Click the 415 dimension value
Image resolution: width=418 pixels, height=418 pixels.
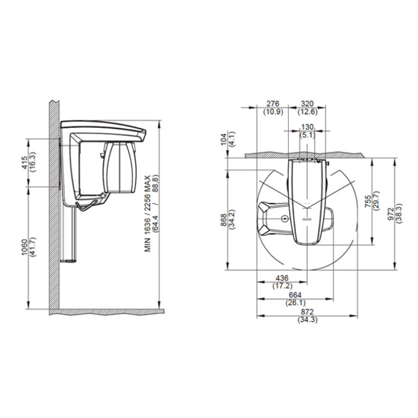pos(24,163)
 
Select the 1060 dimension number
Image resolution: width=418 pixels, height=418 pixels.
pos(24,247)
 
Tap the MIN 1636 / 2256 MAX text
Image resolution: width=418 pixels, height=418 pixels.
pos(148,213)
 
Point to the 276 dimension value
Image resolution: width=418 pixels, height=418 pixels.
pos(273,103)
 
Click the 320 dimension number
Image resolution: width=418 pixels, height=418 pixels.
pos(307,103)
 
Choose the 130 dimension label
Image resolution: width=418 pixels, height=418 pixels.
pos(307,127)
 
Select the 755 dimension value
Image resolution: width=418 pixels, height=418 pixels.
pos(368,201)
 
